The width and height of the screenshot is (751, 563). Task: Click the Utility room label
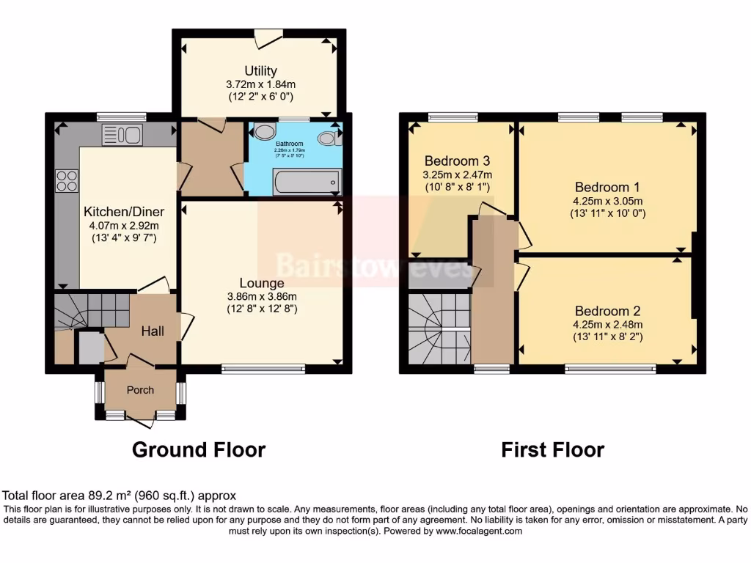pos(260,71)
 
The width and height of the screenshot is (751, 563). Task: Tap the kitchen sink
pos(122,135)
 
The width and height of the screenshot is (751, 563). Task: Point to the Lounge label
pos(262,283)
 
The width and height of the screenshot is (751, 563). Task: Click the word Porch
pos(140,390)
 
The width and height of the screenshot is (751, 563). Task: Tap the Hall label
pos(153,331)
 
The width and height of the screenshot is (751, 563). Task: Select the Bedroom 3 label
pos(457,161)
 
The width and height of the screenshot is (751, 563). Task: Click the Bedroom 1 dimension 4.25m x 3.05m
pos(608,201)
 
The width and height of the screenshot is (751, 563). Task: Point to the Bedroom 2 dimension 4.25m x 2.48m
pos(608,325)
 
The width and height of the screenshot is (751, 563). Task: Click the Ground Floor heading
pos(198,449)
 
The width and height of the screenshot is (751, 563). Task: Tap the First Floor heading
pos(552,449)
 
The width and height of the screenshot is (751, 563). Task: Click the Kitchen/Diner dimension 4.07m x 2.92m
pos(120,225)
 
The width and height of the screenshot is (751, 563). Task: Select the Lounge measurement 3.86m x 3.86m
pos(262,296)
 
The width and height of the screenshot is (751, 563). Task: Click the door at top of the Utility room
pos(268,37)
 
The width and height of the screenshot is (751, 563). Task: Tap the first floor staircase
pos(439,329)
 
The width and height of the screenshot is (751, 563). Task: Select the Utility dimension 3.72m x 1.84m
pos(260,84)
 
